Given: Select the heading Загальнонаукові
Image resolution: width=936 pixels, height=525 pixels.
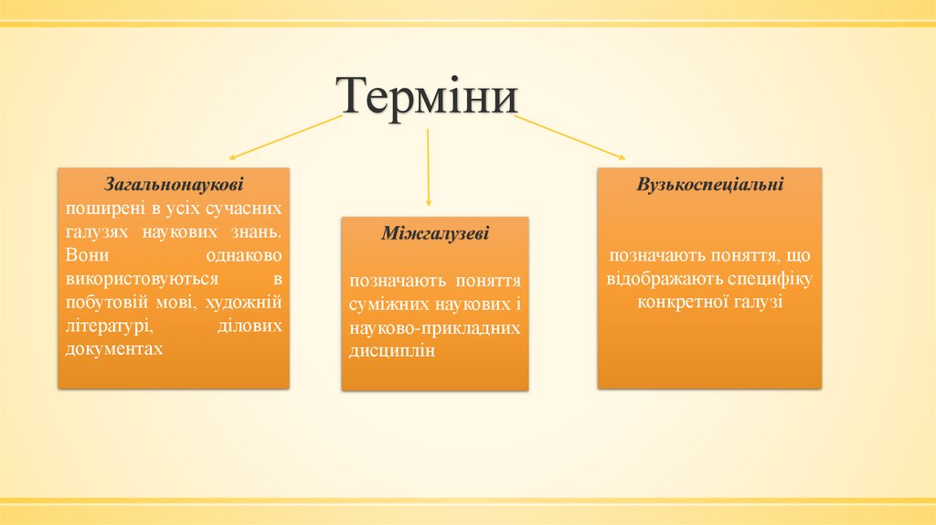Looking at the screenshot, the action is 174,184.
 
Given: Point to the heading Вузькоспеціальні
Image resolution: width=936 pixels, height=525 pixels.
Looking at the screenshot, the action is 710,184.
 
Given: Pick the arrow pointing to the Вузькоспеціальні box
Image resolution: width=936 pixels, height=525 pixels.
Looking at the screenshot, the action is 570,137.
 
